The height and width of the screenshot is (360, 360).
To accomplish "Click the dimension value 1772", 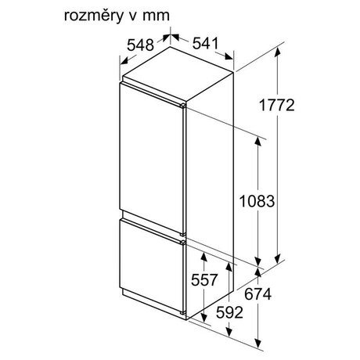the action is [x=277, y=105].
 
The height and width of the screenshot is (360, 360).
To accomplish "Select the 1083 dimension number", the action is [x=257, y=201].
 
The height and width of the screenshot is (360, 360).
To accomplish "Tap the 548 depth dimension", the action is [x=140, y=45].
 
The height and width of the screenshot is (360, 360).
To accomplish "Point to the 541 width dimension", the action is [x=205, y=43].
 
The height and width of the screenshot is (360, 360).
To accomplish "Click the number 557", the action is [x=204, y=280].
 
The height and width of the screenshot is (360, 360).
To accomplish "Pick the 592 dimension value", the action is [x=229, y=312].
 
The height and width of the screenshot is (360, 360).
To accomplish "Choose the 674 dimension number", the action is [x=257, y=294].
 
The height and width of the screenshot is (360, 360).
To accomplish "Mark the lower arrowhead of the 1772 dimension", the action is [x=278, y=259].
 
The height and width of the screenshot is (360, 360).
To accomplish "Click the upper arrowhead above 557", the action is [x=203, y=257].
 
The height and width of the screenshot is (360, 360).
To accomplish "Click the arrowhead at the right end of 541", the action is [x=229, y=56].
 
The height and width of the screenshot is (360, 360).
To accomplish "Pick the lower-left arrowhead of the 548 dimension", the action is [x=124, y=62].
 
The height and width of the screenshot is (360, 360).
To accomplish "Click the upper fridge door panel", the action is [x=152, y=159].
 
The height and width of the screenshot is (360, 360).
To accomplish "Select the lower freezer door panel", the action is [x=152, y=265].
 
